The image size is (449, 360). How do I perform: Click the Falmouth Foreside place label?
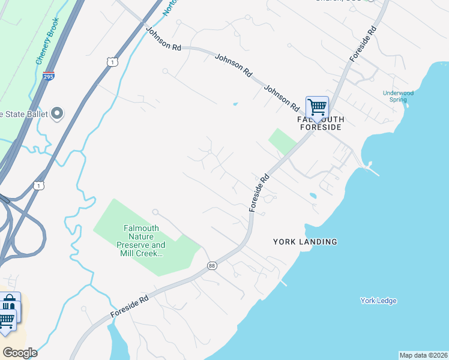321,123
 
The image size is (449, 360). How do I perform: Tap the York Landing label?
305,242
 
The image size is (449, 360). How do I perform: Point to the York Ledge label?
378,301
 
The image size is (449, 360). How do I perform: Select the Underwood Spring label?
399,96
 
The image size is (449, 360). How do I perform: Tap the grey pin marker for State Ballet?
58,113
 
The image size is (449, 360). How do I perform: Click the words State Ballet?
24,114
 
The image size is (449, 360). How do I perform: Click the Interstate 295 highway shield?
49,76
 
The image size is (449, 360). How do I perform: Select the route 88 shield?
212,265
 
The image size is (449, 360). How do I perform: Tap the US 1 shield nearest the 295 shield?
112,62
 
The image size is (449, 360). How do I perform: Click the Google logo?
20,353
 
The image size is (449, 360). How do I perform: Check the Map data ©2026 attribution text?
423,355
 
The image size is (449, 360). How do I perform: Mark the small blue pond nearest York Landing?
312,196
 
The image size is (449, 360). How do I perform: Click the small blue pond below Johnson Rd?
235,104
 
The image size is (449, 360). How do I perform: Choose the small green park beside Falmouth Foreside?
283,141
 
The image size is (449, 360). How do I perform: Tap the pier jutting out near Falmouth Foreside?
372,168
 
